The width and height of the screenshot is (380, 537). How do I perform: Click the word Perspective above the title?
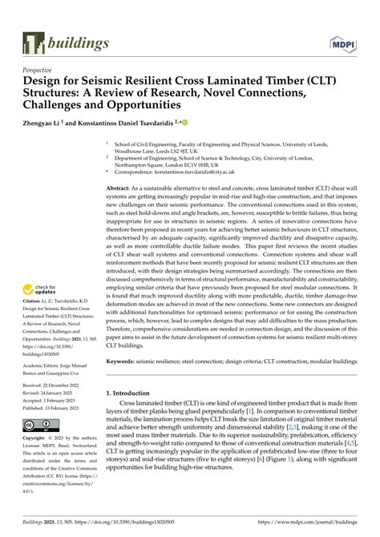click(x=42, y=71)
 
